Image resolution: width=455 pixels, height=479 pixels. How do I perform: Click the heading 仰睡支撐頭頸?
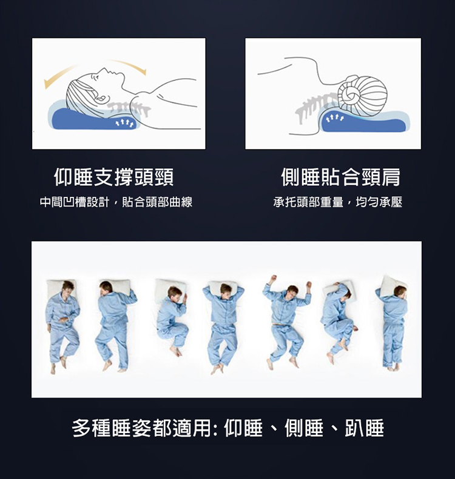tap(114, 177)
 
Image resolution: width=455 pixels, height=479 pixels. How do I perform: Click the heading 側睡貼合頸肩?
tap(340, 177)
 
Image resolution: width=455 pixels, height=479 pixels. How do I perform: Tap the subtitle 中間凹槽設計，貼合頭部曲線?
tap(116, 202)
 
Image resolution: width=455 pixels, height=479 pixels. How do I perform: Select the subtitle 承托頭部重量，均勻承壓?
tap(337, 202)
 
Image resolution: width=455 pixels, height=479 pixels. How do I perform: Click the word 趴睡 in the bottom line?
tap(364, 428)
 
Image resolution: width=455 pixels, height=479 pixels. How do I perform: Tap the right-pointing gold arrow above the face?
tap(129, 66)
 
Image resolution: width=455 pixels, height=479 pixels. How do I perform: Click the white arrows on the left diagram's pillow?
tap(124, 123)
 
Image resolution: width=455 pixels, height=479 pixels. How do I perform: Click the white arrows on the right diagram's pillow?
tap(334, 118)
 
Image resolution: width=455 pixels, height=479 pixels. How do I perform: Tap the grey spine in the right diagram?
tap(315, 107)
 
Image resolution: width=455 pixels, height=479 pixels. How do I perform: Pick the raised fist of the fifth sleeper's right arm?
tap(272, 279)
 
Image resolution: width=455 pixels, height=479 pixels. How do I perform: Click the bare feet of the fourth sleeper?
tap(218, 368)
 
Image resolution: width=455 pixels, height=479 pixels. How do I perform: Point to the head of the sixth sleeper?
tap(344, 291)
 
